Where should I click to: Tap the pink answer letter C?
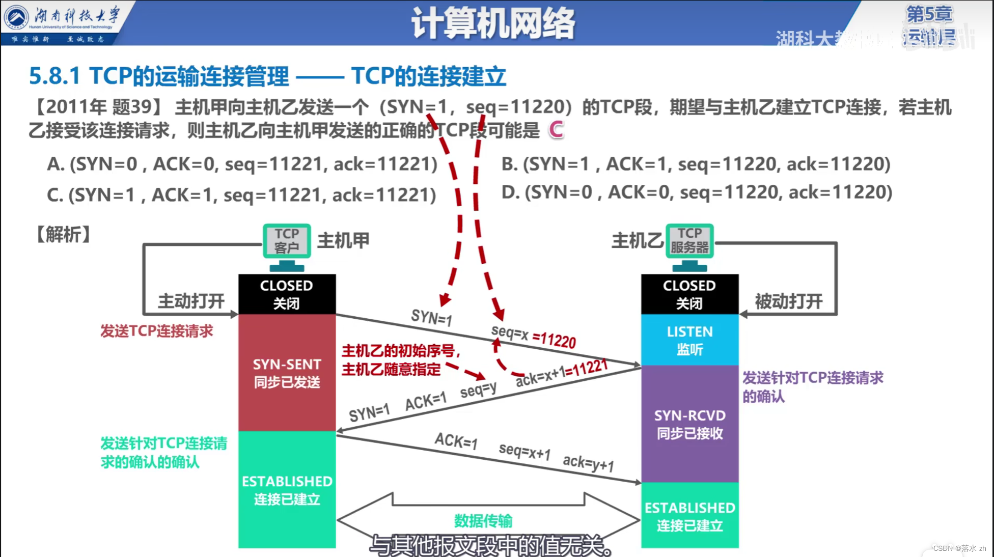[x=556, y=130]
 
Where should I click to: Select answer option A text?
[x=242, y=164]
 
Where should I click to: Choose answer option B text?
[x=696, y=164]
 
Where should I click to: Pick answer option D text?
[x=697, y=192]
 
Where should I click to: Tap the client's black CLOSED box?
[x=287, y=294]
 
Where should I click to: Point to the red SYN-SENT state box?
[x=287, y=373]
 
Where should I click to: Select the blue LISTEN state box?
[x=689, y=340]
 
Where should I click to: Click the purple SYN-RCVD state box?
[x=689, y=424]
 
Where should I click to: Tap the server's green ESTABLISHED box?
[x=689, y=515]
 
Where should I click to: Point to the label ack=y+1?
[x=588, y=463]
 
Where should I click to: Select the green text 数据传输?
[x=483, y=521]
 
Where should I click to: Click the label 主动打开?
[x=191, y=301]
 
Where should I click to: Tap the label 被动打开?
[x=788, y=301]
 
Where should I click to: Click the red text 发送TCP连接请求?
[x=156, y=331]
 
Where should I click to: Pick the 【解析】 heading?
[x=63, y=235]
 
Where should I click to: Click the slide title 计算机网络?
[x=492, y=23]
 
